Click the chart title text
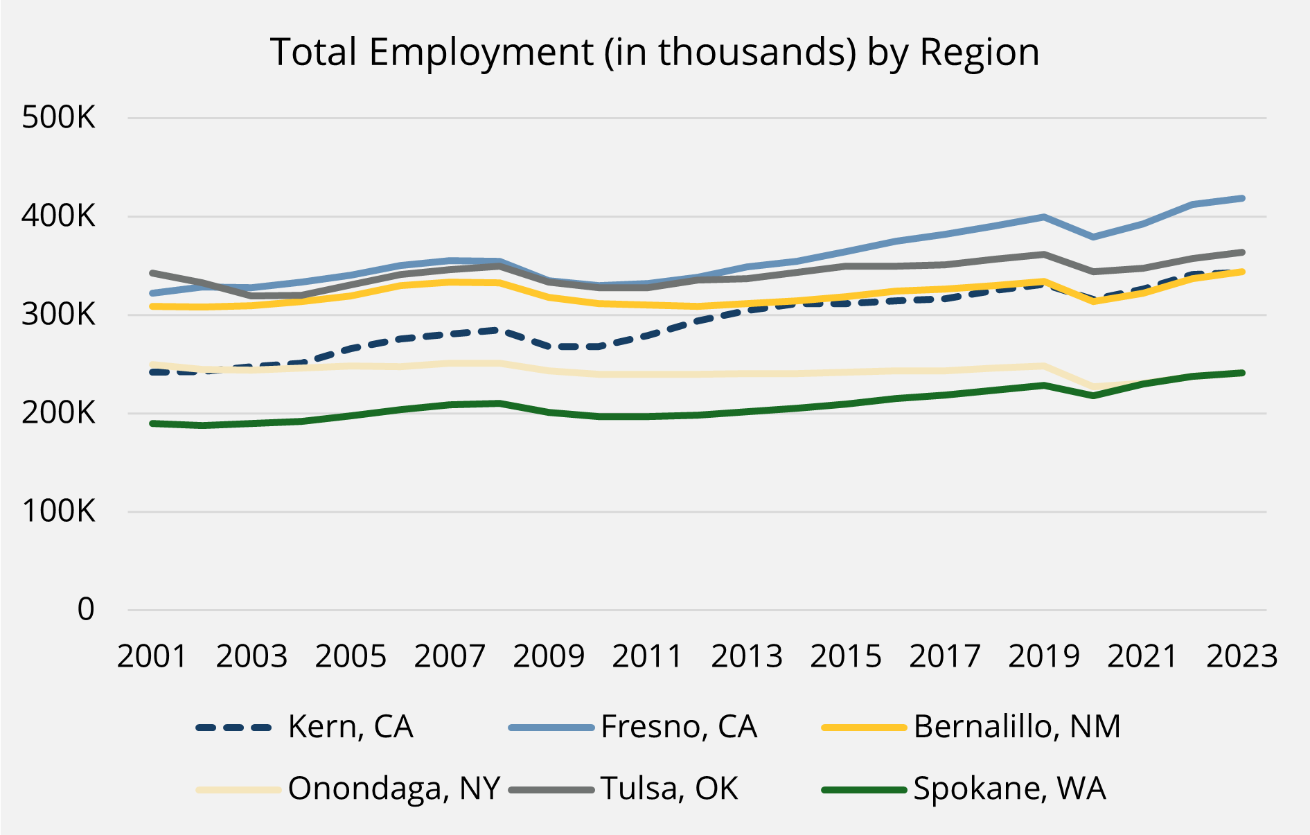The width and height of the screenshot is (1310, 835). click(655, 53)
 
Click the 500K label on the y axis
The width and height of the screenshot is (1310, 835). click(58, 118)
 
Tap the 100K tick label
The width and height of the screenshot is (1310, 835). click(58, 511)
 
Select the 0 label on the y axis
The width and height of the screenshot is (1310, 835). click(86, 610)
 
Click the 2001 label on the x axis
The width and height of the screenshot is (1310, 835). click(152, 656)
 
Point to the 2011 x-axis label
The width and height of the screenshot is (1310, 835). click(647, 656)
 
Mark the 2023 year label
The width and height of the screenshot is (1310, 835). click(1241, 656)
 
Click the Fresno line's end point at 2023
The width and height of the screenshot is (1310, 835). click(1242, 199)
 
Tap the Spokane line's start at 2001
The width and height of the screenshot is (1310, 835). click(152, 423)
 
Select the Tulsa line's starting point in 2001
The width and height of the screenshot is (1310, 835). click(152, 273)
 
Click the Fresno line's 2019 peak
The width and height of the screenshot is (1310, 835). click(1043, 218)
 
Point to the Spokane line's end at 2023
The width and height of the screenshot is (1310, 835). click(1242, 373)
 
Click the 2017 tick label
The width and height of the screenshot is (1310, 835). click(944, 656)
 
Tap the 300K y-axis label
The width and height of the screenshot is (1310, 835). click(58, 315)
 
